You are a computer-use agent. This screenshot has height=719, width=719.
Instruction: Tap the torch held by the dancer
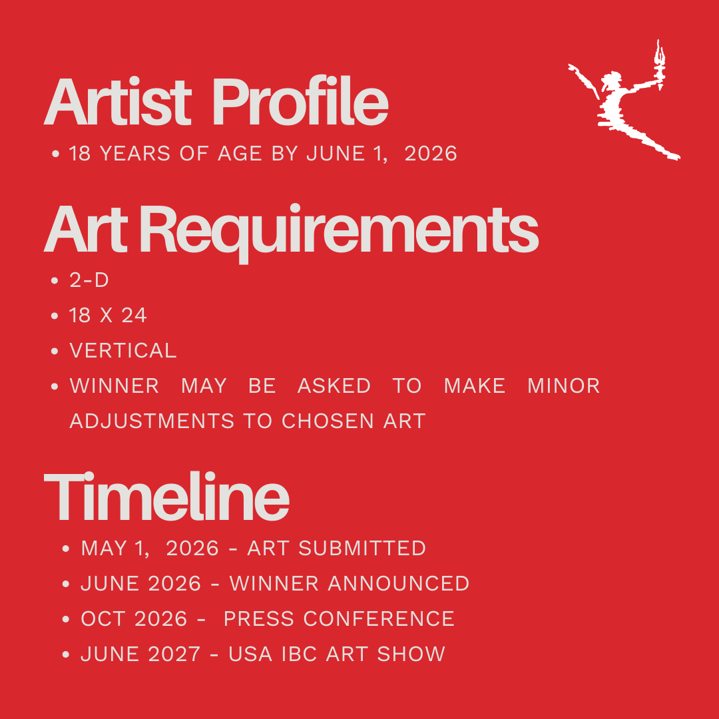660,63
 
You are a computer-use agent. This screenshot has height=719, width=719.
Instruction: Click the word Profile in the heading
300,102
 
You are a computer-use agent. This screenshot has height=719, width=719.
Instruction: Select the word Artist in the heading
117,102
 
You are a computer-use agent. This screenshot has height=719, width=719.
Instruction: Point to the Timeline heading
166,496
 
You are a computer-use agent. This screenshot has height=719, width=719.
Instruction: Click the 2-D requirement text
89,280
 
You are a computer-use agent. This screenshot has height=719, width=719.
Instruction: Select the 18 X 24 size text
108,316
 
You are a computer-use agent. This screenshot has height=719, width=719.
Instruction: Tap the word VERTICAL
123,351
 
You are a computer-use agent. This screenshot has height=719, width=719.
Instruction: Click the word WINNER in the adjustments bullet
115,386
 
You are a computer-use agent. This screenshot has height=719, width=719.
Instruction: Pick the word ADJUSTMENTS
152,421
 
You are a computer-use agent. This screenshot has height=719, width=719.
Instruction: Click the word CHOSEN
328,421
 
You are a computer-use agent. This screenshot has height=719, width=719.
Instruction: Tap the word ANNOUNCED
399,584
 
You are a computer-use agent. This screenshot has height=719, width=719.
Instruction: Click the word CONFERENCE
379,619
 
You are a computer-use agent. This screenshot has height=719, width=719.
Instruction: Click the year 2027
174,654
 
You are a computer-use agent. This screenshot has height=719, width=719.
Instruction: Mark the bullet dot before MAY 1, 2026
65,549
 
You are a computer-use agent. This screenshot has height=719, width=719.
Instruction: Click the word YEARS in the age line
134,154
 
